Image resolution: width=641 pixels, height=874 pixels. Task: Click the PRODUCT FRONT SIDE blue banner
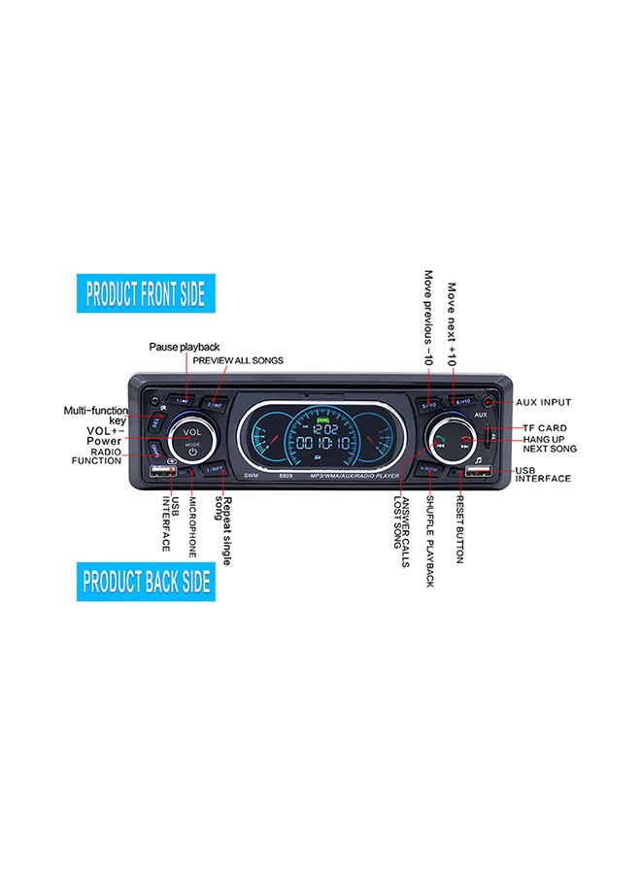(x=146, y=293)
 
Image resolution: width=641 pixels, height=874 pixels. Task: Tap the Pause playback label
(x=184, y=347)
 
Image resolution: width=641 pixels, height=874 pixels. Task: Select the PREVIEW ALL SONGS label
(x=238, y=360)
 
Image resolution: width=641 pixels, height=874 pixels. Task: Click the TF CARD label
(x=545, y=428)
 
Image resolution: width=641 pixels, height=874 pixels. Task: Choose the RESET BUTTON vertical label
(x=459, y=528)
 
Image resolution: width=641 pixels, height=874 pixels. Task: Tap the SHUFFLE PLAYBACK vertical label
(x=430, y=540)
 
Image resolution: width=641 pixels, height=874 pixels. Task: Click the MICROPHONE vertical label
(x=192, y=526)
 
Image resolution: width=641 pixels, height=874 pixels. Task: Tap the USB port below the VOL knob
(x=162, y=473)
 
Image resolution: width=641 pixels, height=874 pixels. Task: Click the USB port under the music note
(x=477, y=473)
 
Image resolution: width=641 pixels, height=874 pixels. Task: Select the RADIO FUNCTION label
(x=96, y=456)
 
